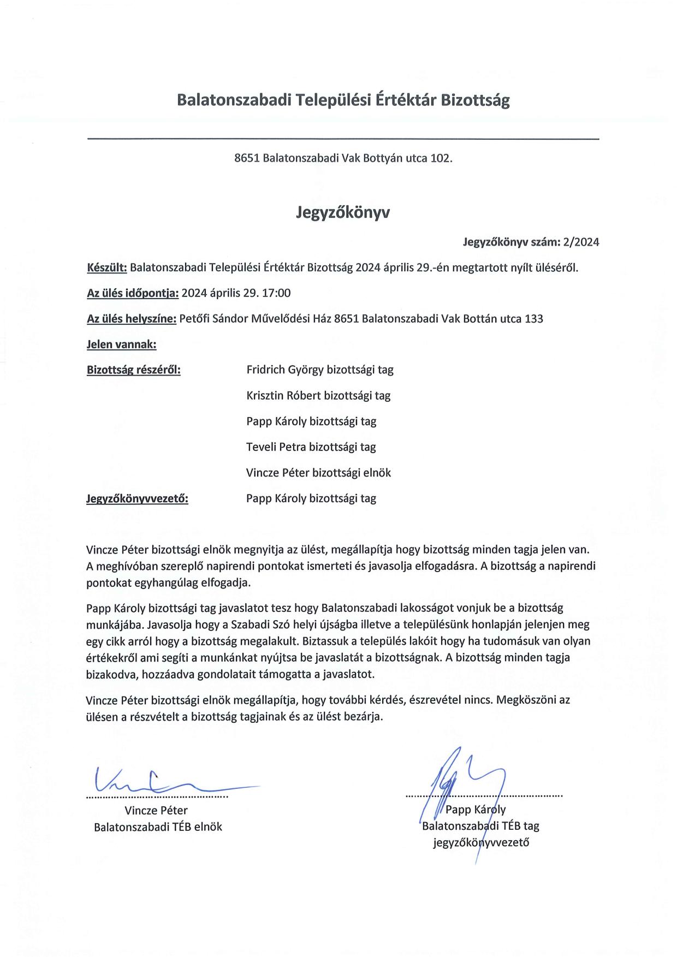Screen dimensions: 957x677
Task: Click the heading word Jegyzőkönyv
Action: coord(343,212)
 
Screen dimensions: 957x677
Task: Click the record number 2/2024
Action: coord(581,242)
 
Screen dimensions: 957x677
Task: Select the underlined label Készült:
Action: coord(107,268)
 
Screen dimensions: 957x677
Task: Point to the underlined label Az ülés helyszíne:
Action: coord(131,319)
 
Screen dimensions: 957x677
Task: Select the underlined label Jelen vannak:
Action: coord(122,344)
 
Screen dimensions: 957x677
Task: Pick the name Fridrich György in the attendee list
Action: coord(285,370)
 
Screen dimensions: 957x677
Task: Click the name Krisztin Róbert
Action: coord(283,396)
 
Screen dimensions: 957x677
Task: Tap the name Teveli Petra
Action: coord(276,447)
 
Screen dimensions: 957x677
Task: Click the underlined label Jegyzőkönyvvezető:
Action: coord(137,498)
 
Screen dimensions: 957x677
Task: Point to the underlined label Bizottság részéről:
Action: coord(134,370)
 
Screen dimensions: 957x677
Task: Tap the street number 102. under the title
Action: coord(441,158)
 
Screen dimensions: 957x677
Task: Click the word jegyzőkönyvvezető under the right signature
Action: coord(481,842)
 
